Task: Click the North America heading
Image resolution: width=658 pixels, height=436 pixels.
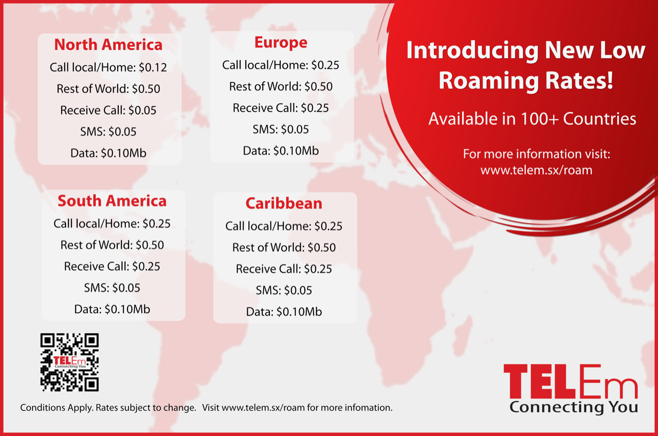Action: coord(108,45)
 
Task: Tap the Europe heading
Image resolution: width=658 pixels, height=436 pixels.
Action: coord(281,43)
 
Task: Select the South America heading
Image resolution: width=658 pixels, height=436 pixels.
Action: coord(112,201)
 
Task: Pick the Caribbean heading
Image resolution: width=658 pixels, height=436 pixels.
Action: coord(284,203)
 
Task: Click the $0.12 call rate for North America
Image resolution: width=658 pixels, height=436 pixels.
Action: coord(153,67)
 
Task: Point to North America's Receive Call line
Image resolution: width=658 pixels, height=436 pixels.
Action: coord(108,110)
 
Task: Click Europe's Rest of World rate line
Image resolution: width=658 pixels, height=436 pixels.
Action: coord(281,86)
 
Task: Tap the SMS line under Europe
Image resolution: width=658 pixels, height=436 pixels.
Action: coord(281,130)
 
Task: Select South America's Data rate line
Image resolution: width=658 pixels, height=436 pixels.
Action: coord(112,309)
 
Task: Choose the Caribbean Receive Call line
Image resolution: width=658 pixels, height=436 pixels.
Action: coord(284,269)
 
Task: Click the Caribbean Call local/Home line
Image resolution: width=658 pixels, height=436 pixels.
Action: coord(284,226)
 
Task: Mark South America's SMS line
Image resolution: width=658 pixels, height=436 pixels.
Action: coord(112,287)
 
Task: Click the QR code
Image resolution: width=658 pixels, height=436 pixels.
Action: coord(69,362)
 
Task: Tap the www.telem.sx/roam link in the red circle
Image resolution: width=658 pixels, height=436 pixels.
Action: coord(536,170)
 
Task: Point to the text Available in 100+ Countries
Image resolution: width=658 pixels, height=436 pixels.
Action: coord(532,119)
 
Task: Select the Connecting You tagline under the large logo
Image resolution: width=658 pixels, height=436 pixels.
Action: coord(573,407)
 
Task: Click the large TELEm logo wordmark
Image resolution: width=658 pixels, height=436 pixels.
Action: coord(571,381)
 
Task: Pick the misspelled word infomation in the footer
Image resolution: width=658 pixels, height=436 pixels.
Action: coord(367,408)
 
